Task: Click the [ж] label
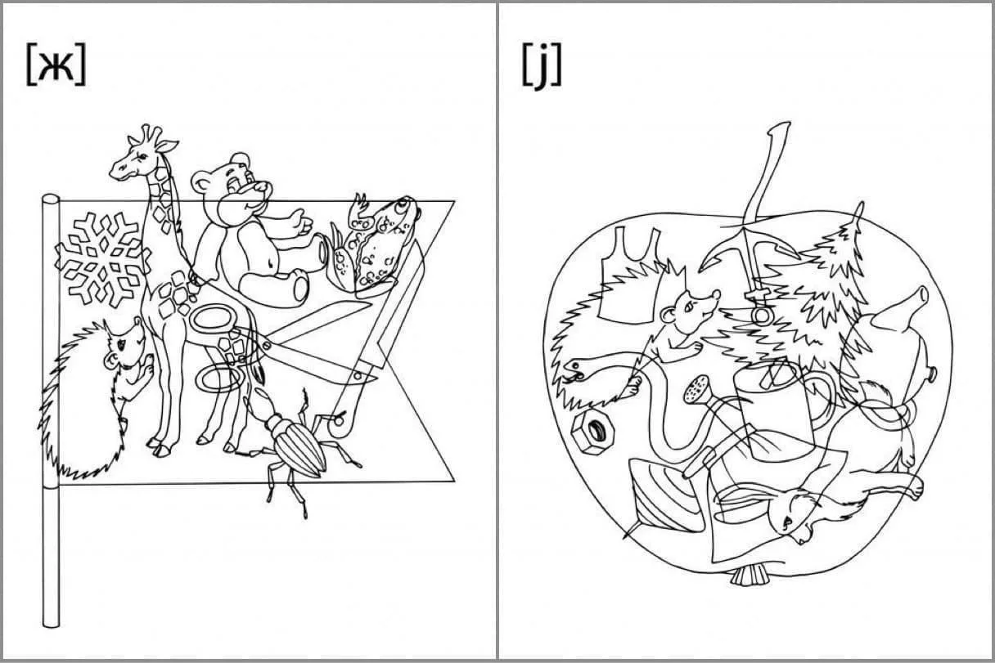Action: [x=56, y=65]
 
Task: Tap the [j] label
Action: [x=542, y=66]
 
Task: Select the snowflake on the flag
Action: [x=102, y=259]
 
